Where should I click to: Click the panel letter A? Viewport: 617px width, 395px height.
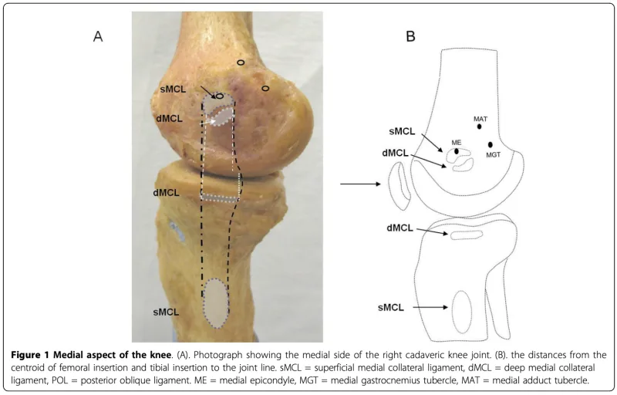click(98, 36)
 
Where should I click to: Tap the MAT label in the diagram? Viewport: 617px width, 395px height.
click(480, 118)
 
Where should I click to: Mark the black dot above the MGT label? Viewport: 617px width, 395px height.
click(491, 145)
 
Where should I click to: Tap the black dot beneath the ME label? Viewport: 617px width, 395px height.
click(457, 151)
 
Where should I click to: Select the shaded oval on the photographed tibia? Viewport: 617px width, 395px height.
click(217, 301)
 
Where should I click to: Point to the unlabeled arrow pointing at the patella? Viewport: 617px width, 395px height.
click(362, 184)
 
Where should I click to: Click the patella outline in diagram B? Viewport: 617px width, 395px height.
click(399, 189)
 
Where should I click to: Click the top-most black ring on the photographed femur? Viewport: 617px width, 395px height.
click(241, 62)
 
